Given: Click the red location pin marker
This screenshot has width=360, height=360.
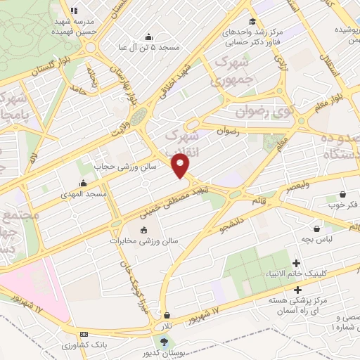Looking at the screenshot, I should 181,167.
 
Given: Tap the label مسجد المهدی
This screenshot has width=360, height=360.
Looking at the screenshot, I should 83,193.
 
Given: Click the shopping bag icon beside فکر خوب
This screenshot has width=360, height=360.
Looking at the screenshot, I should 342,194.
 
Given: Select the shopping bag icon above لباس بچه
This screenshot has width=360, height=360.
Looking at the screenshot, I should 317,229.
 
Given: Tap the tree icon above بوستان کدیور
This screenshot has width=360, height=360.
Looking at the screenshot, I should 165,342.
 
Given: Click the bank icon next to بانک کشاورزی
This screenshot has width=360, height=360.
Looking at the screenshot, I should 84,334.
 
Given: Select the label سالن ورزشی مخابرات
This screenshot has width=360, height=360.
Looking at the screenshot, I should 144,240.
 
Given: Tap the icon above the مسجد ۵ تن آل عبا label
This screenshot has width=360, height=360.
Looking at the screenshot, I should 148,37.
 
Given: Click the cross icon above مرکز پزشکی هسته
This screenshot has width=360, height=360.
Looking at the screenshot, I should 297,290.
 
